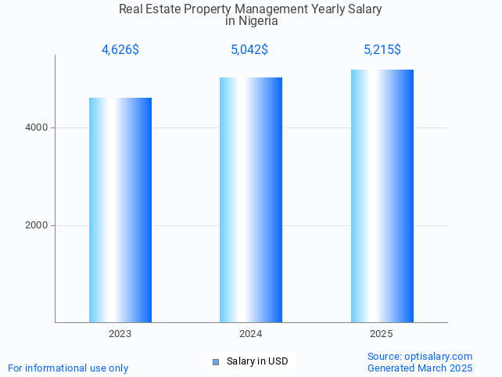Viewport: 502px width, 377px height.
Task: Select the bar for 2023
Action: click(120, 210)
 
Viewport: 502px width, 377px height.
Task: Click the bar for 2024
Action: click(251, 199)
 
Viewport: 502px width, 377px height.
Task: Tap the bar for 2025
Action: click(382, 196)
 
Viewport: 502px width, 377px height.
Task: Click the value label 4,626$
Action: click(120, 50)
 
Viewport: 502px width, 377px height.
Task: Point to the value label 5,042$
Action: click(249, 50)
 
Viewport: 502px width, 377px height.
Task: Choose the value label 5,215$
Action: click(382, 50)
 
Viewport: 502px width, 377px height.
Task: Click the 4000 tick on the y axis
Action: click(36, 127)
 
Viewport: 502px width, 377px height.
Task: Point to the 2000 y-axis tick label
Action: click(36, 225)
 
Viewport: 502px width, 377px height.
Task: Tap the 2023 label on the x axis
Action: click(120, 334)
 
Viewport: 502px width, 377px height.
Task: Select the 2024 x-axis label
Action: click(251, 334)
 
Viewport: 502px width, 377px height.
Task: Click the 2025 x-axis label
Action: click(382, 334)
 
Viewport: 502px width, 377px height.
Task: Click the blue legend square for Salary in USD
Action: click(217, 361)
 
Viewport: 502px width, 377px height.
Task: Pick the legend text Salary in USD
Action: click(257, 361)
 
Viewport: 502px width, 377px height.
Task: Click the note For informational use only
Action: click(68, 368)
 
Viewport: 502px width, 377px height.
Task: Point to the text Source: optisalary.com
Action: click(420, 356)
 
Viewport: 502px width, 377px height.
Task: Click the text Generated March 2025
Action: click(420, 368)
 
